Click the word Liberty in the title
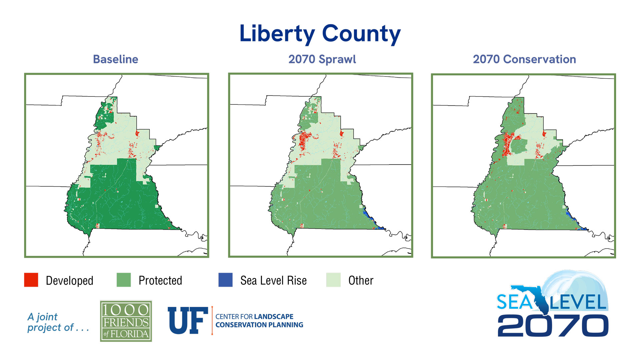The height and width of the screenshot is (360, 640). (x=277, y=34)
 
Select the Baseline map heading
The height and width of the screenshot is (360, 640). (x=115, y=59)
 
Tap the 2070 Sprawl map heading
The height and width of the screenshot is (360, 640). (x=322, y=59)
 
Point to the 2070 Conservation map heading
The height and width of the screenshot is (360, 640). (x=524, y=59)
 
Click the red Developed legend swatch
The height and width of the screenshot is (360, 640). (x=31, y=280)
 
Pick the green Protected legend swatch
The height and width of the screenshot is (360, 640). (x=124, y=280)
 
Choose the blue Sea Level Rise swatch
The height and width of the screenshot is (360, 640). (x=225, y=280)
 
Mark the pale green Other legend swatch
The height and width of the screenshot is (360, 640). (x=333, y=280)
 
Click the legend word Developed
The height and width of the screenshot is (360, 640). (x=69, y=281)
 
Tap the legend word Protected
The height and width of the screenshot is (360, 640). (x=160, y=281)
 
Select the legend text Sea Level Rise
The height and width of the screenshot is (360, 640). (x=273, y=281)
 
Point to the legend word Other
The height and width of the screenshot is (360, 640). (x=361, y=281)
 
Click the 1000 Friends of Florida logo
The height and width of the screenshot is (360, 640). (x=126, y=321)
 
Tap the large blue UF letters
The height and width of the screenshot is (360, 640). (x=188, y=321)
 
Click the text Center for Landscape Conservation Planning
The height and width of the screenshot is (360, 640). (x=259, y=321)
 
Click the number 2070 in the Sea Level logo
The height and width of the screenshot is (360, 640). (x=553, y=326)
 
